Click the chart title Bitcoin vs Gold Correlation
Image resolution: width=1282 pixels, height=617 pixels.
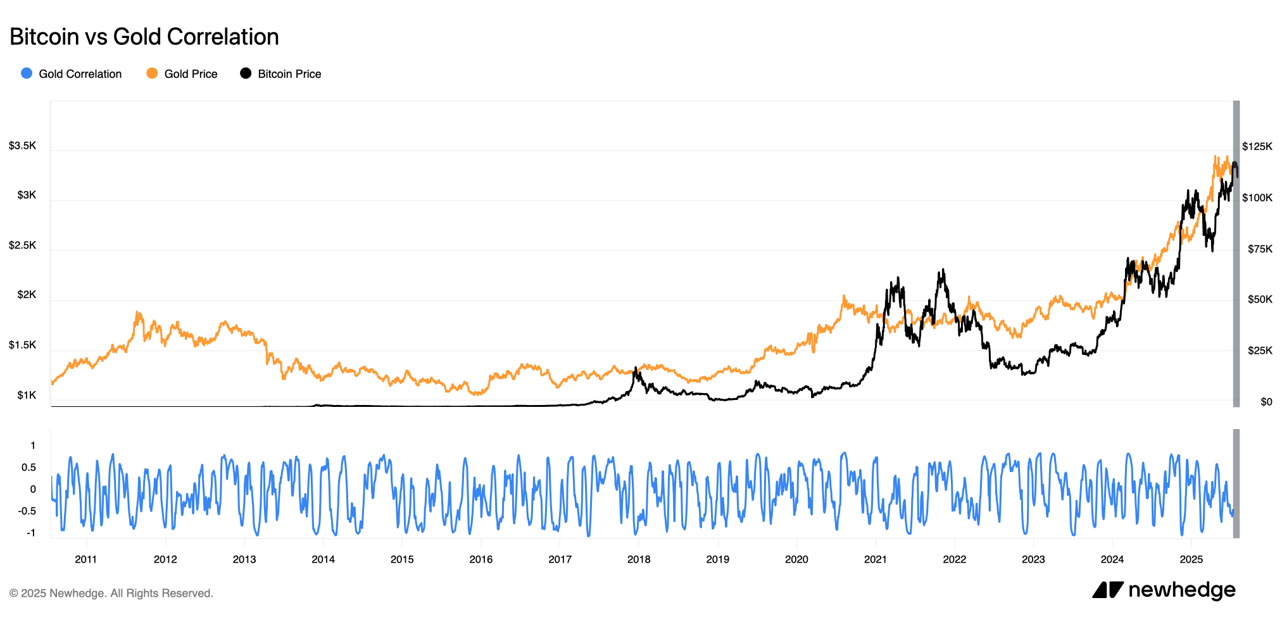[144, 37]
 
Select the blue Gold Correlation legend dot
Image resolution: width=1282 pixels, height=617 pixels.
[27, 73]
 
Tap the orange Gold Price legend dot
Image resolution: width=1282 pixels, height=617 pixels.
[152, 73]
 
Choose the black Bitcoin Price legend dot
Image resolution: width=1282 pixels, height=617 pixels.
[246, 73]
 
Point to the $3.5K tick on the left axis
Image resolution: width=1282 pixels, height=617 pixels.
[23, 146]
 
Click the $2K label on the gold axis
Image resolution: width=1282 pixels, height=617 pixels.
[27, 295]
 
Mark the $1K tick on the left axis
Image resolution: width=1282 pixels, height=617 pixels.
[27, 396]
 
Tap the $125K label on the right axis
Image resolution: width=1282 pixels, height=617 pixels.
[1257, 147]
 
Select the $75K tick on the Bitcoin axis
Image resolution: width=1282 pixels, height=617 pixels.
[1259, 249]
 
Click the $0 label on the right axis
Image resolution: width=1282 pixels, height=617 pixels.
[1266, 402]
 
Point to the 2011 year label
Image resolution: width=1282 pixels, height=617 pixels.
[86, 559]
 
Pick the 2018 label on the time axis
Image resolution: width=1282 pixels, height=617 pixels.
[639, 559]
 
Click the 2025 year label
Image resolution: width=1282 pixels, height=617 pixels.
[1191, 559]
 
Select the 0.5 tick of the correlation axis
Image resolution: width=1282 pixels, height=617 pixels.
[28, 468]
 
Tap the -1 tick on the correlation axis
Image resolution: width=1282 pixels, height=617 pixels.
[30, 533]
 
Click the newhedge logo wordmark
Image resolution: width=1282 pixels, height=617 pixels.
[1181, 590]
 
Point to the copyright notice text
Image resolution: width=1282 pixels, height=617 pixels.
[111, 594]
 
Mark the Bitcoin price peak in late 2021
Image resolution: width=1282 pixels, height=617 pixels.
[943, 270]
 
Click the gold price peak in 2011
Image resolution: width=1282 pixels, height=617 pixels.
[137, 312]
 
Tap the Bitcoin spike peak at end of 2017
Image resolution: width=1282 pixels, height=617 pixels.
[635, 368]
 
